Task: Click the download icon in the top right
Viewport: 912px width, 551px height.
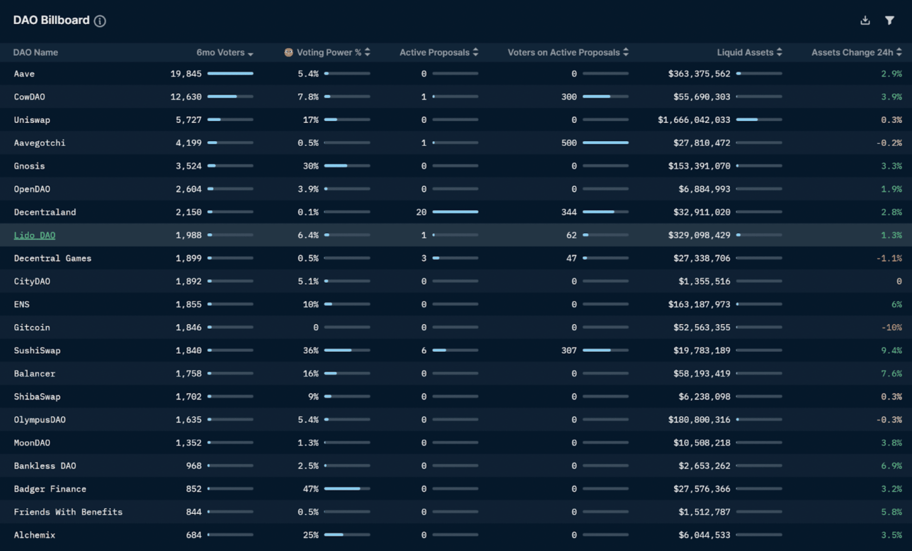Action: tap(865, 20)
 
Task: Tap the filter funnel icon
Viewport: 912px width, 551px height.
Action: tap(889, 20)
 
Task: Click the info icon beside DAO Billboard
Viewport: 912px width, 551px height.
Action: tap(100, 21)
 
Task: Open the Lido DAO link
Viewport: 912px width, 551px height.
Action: tap(34, 236)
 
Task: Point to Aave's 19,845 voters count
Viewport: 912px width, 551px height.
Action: tap(186, 74)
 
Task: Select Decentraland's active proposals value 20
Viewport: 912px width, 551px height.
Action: tap(421, 212)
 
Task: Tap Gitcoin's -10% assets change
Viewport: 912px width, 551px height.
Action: tap(891, 328)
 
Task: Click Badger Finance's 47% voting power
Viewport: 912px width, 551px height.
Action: tap(310, 489)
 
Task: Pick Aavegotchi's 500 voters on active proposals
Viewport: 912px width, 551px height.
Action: tap(569, 143)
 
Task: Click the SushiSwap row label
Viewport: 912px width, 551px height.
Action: tap(37, 351)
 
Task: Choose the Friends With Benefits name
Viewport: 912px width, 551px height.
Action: tap(68, 512)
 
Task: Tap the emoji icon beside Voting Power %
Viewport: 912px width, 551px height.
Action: tap(288, 52)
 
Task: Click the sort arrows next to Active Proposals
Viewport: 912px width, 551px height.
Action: tap(475, 52)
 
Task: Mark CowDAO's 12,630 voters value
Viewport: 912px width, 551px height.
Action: tap(186, 97)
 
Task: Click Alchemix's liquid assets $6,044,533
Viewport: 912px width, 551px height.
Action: tap(704, 535)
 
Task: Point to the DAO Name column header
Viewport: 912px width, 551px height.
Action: tap(36, 52)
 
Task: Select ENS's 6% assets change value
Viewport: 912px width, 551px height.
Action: tap(896, 305)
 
